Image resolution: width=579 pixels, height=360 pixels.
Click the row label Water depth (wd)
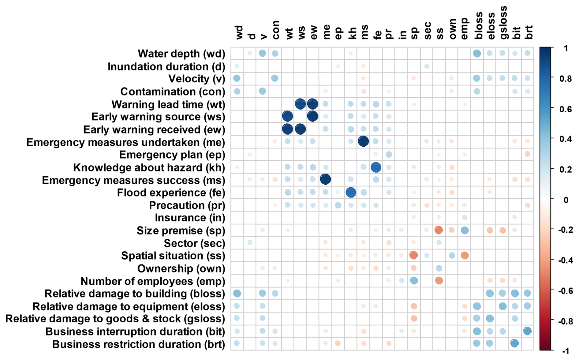pos(181,54)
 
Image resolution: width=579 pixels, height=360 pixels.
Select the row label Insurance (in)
pos(190,218)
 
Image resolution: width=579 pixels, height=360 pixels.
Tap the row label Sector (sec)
pos(195,243)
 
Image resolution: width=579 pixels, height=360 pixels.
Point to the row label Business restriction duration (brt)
pos(139,344)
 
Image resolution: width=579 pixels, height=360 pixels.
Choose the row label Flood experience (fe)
pos(171,193)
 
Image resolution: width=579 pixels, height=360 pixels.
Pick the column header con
pos(275,30)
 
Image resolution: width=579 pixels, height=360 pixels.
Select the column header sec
pos(428,31)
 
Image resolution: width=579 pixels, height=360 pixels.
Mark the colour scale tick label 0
pos(566,200)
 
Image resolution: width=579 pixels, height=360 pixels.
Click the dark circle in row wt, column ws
pos(301,104)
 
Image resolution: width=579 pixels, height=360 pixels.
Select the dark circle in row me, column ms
pos(363,141)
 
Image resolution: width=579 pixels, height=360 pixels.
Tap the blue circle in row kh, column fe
pos(376,167)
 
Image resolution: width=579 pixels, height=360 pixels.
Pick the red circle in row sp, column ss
pos(439,230)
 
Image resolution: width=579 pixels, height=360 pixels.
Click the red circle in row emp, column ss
pos(439,280)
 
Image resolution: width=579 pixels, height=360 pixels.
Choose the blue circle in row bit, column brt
pos(527,331)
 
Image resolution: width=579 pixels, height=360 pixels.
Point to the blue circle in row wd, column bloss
pos(477,53)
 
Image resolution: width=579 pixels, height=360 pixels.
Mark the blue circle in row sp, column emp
pos(465,230)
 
